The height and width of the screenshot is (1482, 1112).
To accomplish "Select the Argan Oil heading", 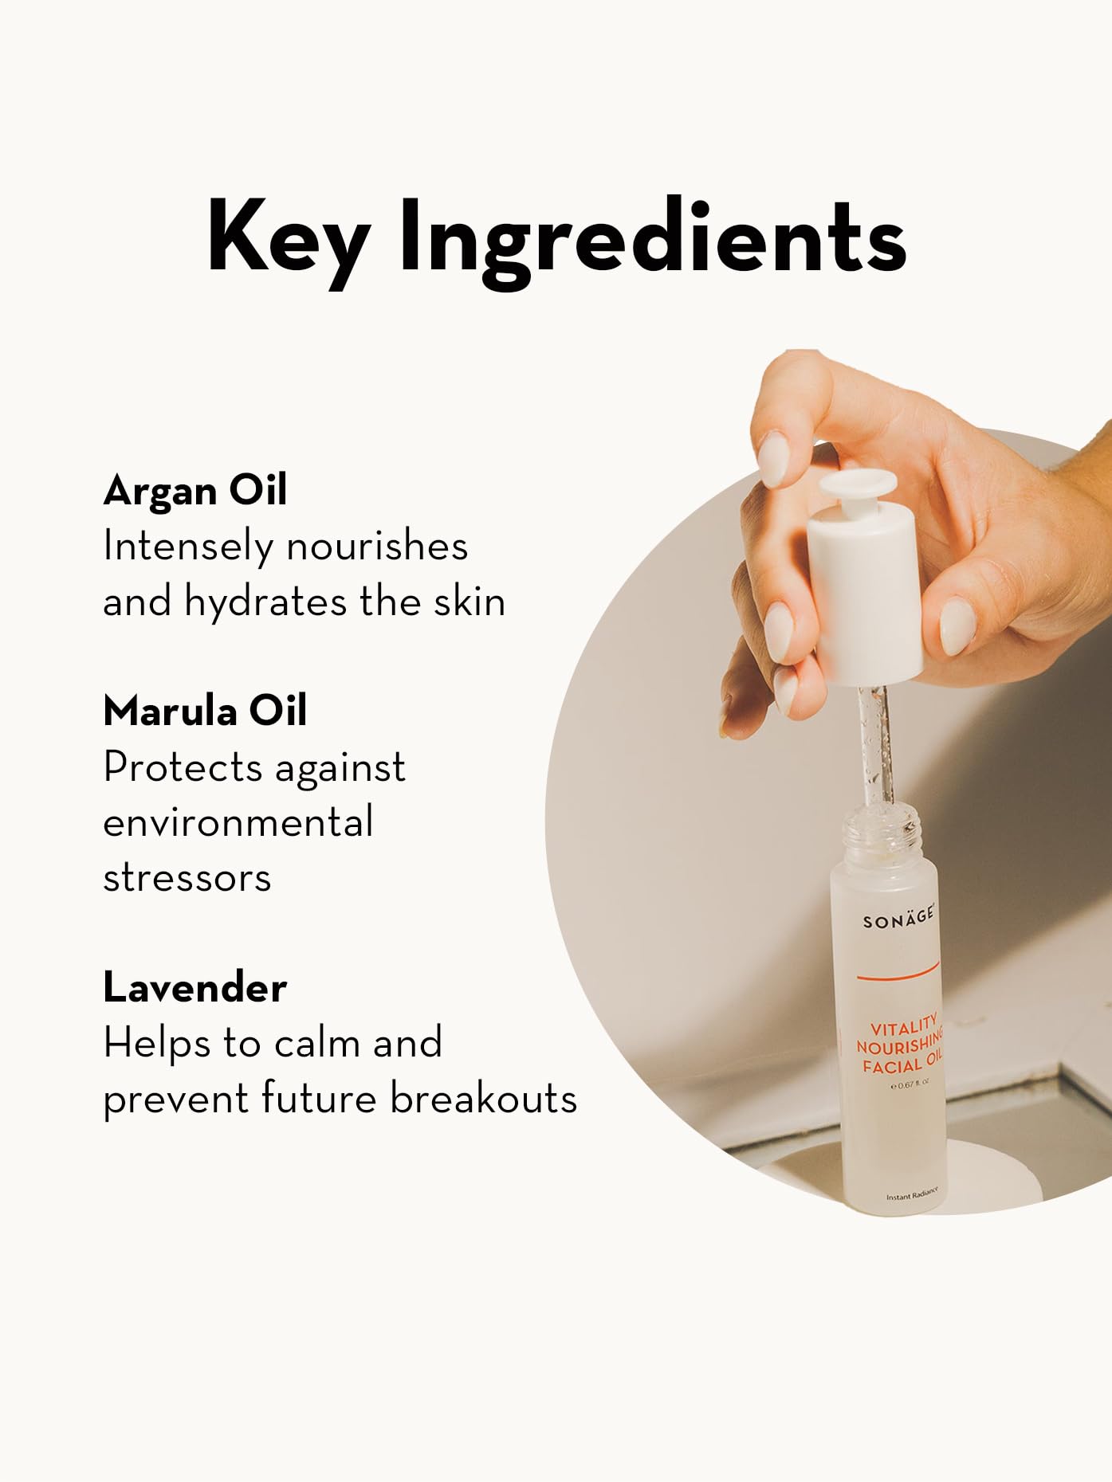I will [x=195, y=489].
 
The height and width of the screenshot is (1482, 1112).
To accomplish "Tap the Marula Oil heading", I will [x=205, y=710].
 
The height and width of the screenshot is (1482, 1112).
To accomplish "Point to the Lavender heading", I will [x=195, y=987].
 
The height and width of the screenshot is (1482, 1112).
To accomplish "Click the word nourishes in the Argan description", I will [x=376, y=546].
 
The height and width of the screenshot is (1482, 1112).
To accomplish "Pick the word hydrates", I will [x=268, y=601].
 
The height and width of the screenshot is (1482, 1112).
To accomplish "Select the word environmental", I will [x=238, y=822].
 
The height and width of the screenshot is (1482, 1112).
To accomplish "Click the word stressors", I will [x=187, y=877].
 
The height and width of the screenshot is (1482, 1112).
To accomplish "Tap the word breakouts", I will [x=483, y=1098].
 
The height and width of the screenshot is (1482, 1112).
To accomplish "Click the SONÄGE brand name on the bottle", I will [x=898, y=920].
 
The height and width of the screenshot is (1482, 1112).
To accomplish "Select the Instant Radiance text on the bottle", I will [x=912, y=1194].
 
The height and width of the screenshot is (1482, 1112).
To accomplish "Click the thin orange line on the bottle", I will [x=898, y=973].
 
